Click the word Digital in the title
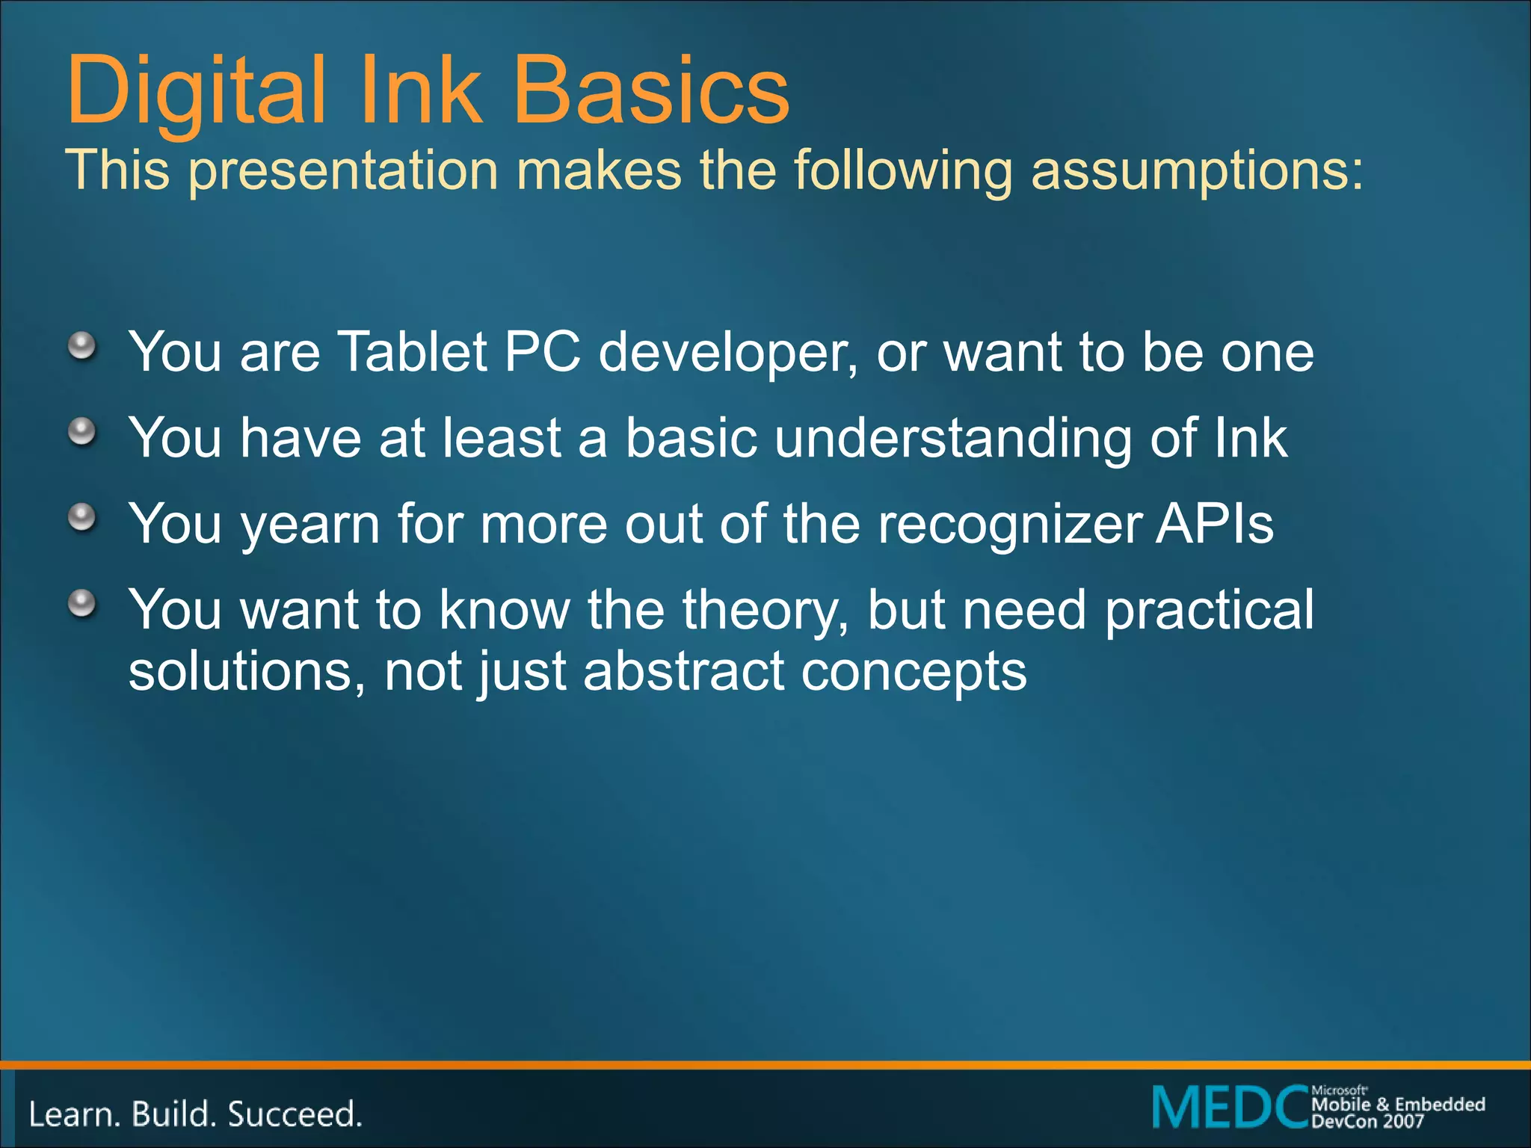(196, 91)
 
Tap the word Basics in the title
(651, 91)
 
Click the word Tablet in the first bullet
(413, 351)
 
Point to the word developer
(727, 353)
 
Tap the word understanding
(953, 439)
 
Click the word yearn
(310, 525)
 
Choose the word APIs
(1215, 523)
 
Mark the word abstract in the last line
(683, 671)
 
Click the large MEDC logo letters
(1230, 1108)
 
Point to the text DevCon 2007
(1367, 1121)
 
